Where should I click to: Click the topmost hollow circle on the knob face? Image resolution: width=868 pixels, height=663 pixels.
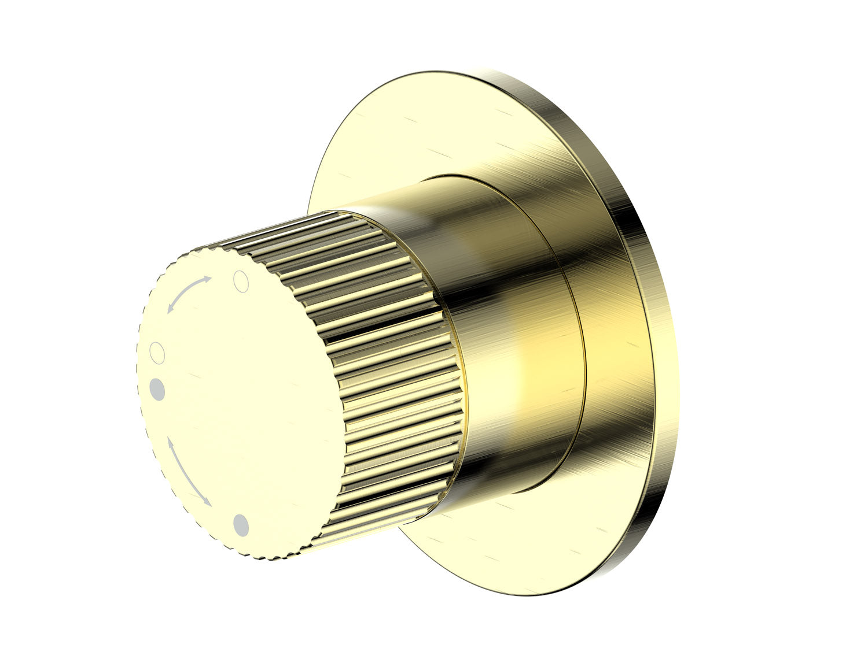pyautogui.click(x=241, y=282)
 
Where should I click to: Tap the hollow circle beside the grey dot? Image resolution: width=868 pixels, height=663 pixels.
pyautogui.click(x=157, y=352)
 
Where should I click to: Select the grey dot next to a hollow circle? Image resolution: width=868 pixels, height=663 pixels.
pyautogui.click(x=157, y=388)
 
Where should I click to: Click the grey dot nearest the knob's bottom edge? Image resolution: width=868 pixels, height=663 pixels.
pyautogui.click(x=241, y=525)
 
